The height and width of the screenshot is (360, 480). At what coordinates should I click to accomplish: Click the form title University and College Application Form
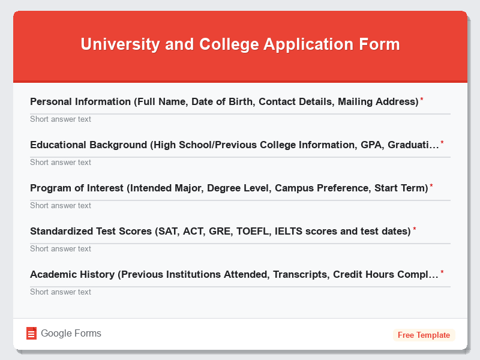(x=240, y=44)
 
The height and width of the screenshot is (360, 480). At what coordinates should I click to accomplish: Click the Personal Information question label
(x=224, y=101)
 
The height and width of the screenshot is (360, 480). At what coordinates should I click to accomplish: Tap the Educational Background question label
(x=234, y=145)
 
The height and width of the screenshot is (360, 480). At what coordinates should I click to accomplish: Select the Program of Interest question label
(x=229, y=188)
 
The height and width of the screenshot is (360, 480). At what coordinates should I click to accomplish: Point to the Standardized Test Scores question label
(x=220, y=231)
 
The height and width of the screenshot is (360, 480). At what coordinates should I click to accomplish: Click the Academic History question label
(x=234, y=274)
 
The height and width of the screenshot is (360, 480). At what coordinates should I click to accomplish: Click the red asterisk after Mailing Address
(x=421, y=100)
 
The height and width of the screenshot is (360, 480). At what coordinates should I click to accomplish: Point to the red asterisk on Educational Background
(x=442, y=143)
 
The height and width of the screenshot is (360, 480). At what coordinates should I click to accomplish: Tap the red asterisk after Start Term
(x=431, y=186)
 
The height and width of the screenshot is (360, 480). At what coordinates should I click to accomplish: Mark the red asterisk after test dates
(x=414, y=229)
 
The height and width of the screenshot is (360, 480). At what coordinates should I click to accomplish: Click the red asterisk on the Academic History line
(x=442, y=272)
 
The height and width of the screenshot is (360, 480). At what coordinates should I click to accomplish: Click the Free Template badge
(x=424, y=335)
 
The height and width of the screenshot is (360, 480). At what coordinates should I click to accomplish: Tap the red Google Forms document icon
(x=31, y=334)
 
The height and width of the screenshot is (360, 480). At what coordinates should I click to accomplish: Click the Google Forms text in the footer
(x=71, y=334)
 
